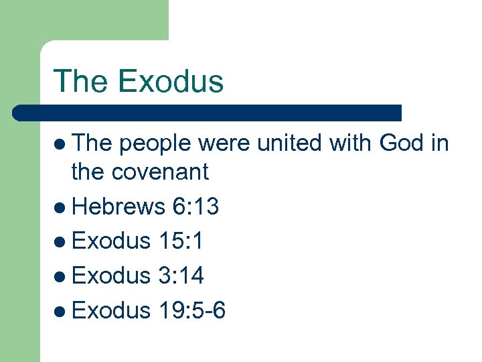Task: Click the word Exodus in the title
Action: (171, 81)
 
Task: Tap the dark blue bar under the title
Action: (208, 113)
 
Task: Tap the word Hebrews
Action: (118, 207)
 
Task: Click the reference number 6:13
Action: (195, 207)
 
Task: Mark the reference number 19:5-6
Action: (193, 310)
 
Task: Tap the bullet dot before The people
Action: (61, 143)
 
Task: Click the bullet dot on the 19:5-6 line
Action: (61, 310)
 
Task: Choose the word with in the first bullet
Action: (344, 143)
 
